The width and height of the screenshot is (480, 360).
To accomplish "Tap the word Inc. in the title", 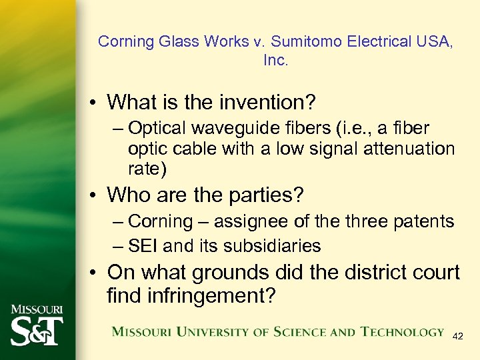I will point(275,60).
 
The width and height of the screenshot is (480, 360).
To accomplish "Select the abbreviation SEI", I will point(143,246).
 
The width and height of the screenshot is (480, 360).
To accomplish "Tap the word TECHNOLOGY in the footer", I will point(401,331).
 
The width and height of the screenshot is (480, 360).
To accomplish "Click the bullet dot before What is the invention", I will point(96,103).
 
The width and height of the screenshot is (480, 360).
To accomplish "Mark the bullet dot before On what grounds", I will point(96,273).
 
